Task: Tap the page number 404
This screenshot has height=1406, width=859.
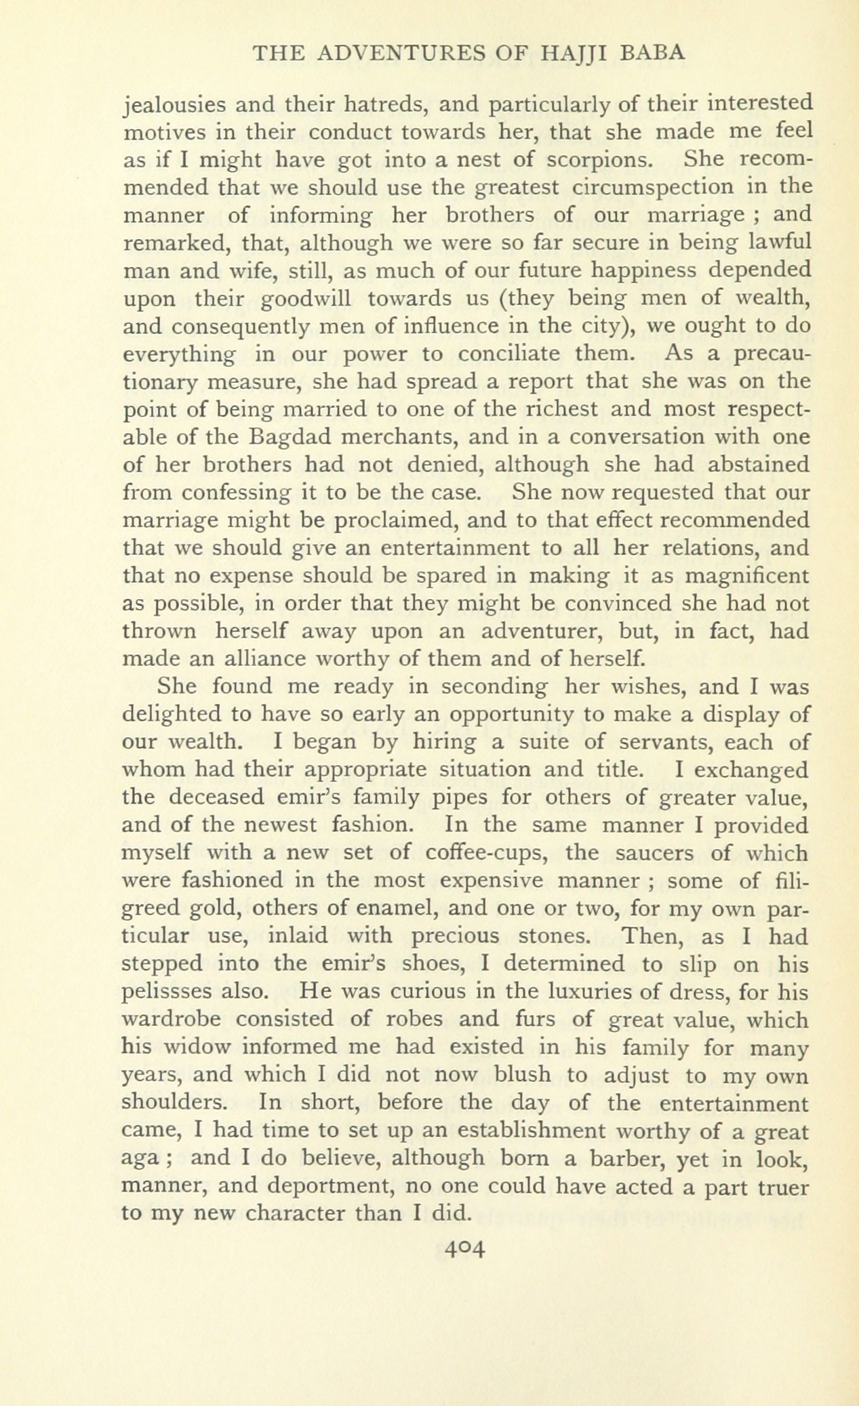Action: [x=463, y=1247]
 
